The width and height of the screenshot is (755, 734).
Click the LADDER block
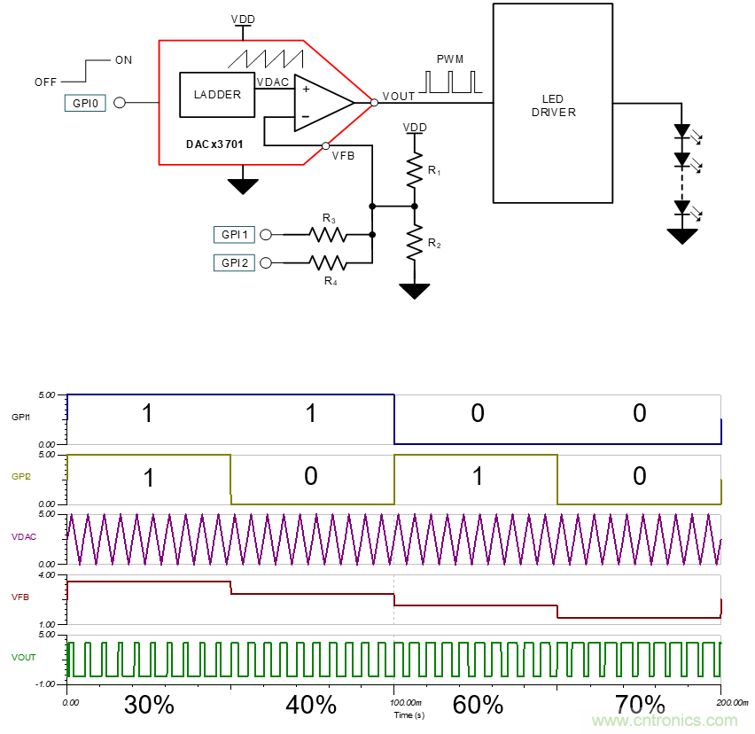click(217, 95)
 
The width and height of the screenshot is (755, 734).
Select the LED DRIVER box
click(553, 105)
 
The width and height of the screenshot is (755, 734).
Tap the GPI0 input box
click(85, 103)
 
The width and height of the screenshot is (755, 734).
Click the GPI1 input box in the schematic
click(234, 235)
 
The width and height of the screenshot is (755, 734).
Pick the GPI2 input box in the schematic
click(234, 262)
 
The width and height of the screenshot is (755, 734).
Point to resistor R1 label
click(433, 168)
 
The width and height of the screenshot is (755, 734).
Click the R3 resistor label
click(329, 218)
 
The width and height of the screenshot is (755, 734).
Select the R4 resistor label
click(330, 281)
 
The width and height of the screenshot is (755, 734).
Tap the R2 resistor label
click(433, 242)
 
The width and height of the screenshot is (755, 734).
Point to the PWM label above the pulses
click(450, 59)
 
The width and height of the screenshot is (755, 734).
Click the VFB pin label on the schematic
click(344, 155)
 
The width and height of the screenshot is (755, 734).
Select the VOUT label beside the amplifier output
click(398, 96)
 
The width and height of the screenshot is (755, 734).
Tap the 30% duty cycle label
click(149, 706)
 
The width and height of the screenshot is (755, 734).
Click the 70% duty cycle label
click(640, 706)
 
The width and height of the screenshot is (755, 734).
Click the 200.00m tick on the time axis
click(720, 700)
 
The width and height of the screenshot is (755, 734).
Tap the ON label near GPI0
click(123, 60)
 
